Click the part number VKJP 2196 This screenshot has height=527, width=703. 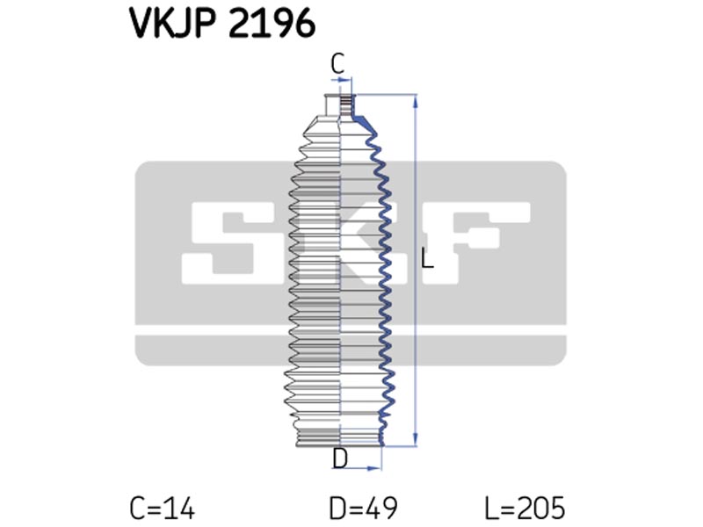223,23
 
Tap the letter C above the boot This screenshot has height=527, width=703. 337,63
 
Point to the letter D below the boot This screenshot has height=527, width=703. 340,458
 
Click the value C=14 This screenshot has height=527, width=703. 163,509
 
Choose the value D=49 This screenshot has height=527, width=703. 363,509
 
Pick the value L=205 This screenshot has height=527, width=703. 525,509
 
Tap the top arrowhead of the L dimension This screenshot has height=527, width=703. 416,101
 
